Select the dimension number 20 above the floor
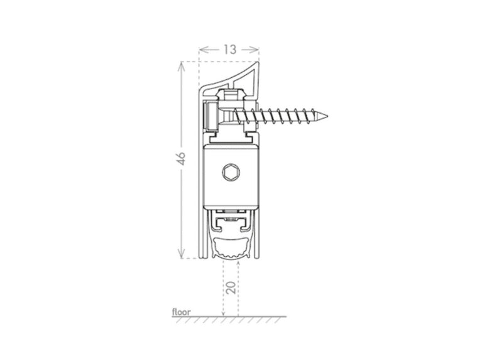tap(231, 288)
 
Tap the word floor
tap(181, 311)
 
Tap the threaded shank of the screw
tap(283, 116)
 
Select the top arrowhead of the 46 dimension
tap(182, 63)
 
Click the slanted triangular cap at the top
tap(242, 78)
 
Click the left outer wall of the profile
tap(200, 188)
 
